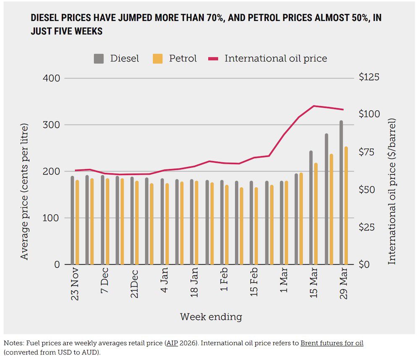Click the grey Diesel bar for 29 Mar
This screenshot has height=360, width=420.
pos(341,193)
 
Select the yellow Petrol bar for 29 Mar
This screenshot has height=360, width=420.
pos(346,206)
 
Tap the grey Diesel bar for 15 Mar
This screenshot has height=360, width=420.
pos(311,208)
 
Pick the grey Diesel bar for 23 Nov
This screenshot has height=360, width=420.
pos(72,220)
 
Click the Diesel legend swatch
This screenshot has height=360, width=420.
pos(99,59)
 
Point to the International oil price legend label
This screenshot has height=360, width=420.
pos(276,59)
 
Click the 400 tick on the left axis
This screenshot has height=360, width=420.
pos(51,78)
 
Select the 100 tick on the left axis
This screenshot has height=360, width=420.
pos(51,218)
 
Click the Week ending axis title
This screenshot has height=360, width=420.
pos(211,317)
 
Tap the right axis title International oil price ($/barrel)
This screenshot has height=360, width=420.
pos(392,191)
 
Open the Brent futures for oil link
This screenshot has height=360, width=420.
pos(332,343)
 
